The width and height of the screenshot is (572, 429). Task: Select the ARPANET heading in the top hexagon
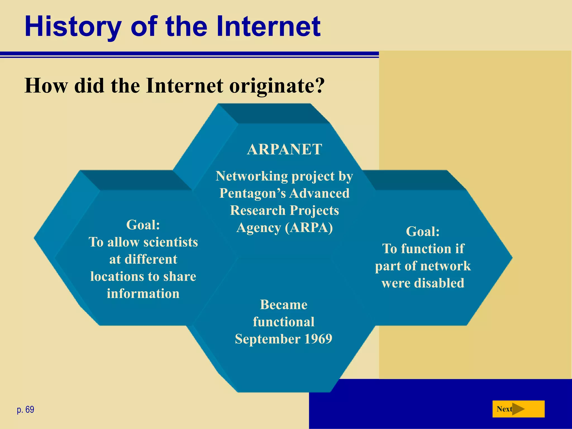[x=284, y=149]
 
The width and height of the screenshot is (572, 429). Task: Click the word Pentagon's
[x=252, y=193]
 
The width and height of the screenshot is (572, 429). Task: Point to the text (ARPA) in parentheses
[x=309, y=228]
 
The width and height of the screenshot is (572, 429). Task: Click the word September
[x=268, y=339]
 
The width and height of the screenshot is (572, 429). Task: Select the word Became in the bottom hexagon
[x=283, y=304]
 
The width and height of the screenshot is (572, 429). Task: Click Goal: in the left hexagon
[x=143, y=225]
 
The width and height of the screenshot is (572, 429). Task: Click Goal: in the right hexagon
[x=423, y=231]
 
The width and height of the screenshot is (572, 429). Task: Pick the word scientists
[x=170, y=242]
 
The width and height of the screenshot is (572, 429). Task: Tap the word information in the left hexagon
[x=143, y=294]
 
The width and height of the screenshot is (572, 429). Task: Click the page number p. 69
[x=25, y=409]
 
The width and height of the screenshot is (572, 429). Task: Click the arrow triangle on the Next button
[x=518, y=409]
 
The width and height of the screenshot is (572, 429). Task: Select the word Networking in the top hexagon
[x=252, y=176]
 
